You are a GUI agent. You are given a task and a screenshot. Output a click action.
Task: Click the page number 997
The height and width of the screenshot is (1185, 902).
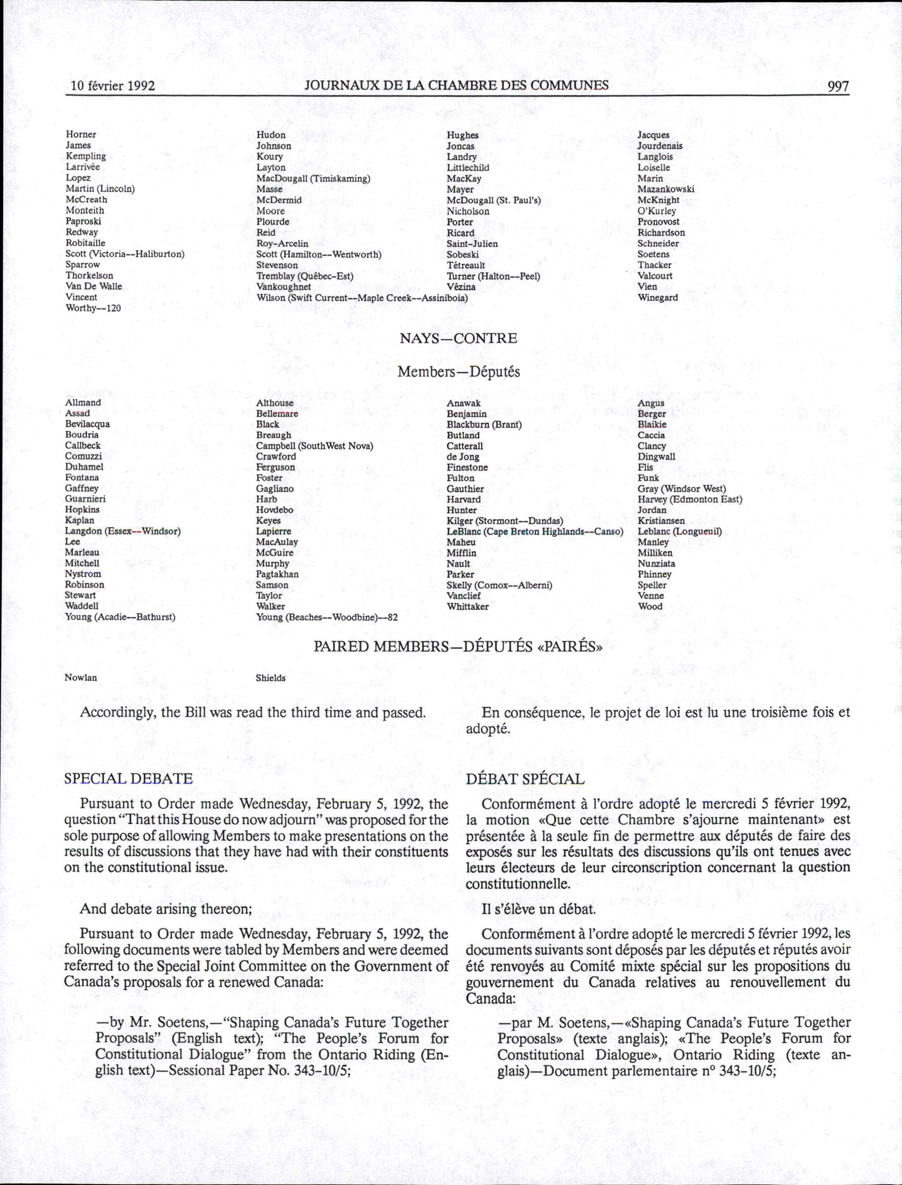[838, 86]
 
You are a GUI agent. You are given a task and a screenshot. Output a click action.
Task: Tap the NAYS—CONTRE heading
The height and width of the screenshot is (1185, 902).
[458, 339]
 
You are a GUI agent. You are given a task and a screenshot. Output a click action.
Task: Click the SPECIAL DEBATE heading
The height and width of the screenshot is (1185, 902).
[128, 779]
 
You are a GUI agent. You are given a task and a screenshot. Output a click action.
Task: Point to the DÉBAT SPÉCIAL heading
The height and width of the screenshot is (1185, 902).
[524, 779]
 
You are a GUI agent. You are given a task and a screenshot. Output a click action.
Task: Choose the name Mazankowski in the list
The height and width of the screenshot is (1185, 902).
[666, 189]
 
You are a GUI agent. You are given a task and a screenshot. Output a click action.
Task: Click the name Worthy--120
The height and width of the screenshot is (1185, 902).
[93, 308]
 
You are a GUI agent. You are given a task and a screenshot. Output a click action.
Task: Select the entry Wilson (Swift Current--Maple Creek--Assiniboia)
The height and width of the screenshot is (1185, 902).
[362, 297]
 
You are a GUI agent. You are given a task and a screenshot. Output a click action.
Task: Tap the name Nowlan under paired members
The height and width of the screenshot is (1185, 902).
[81, 678]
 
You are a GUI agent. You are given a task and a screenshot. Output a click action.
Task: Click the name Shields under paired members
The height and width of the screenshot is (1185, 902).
[271, 678]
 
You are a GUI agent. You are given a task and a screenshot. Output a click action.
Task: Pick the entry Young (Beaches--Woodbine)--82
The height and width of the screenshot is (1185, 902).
[326, 617]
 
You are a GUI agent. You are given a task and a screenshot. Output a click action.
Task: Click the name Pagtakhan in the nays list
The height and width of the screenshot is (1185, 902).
[277, 574]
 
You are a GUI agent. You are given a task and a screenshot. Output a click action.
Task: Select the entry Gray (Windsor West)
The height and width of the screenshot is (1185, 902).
[681, 489]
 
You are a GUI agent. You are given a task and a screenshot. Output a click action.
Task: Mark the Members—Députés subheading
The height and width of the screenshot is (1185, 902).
[459, 372]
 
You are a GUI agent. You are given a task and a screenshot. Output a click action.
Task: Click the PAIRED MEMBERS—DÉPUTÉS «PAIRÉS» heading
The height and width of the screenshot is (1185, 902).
[458, 646]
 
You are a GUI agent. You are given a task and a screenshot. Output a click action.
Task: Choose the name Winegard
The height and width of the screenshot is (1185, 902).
[658, 297]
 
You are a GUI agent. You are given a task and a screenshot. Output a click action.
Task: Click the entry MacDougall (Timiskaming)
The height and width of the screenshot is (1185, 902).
[313, 178]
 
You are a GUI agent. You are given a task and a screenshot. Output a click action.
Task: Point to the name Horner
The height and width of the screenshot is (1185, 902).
[81, 134]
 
